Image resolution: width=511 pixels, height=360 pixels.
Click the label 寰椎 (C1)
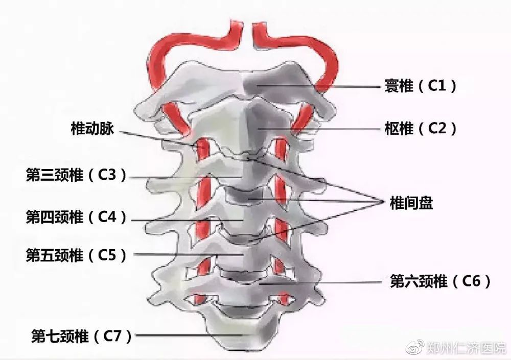click(421, 86)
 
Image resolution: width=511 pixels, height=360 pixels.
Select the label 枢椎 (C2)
click(421, 128)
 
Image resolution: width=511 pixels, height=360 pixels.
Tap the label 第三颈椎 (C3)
click(76, 175)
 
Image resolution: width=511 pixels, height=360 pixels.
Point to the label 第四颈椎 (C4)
click(76, 217)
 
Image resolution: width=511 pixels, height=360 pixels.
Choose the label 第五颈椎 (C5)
click(76, 255)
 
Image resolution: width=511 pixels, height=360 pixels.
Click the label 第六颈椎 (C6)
click(440, 281)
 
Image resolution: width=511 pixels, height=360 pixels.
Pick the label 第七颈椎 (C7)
click(81, 336)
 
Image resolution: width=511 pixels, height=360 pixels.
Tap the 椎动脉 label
click(92, 128)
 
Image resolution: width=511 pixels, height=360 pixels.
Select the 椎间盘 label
click(411, 203)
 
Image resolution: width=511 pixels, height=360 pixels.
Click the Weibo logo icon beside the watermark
click(415, 347)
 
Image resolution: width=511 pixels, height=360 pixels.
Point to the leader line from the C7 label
click(190, 335)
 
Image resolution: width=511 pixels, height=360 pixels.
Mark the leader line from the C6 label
click(320, 283)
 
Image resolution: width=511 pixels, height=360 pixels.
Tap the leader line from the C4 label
click(187, 221)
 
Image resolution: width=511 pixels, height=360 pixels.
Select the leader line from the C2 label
click(319, 129)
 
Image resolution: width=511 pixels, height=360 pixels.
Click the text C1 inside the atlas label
click(437, 86)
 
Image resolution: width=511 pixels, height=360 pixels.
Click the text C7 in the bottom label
click(112, 336)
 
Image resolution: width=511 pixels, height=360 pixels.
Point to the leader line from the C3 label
click(186, 178)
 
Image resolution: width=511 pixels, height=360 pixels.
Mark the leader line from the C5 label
click(189, 254)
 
